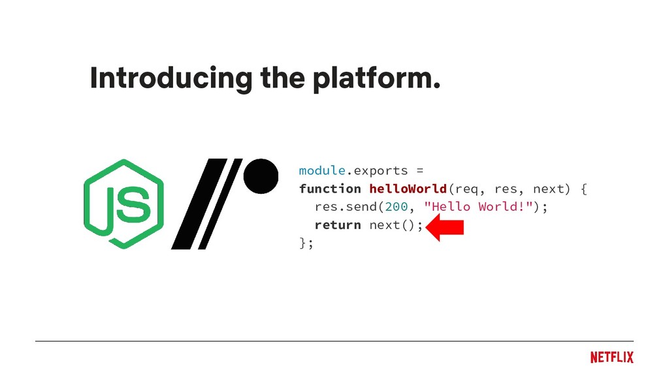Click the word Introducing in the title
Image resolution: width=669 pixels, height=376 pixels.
171,79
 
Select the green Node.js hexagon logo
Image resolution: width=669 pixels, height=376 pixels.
123,204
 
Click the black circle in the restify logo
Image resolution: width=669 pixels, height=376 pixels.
261,176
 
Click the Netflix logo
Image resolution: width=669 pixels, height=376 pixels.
612,357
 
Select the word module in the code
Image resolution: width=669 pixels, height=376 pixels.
321,170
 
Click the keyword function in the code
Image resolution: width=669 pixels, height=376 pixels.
330,189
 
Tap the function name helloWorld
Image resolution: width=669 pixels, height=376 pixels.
408,189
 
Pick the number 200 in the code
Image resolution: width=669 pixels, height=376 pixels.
396,207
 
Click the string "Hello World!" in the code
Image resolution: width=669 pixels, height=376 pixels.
480,207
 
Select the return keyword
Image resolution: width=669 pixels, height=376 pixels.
337,225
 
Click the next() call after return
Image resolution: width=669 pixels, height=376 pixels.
394,225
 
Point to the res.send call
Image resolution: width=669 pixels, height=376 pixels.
346,207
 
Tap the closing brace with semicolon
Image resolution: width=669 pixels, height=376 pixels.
306,243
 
